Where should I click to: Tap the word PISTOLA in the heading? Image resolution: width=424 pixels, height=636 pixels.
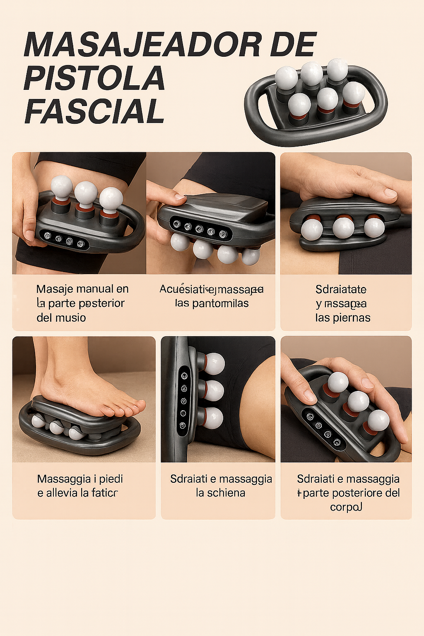pyautogui.click(x=94, y=78)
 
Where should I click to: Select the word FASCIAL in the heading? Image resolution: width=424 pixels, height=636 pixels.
pyautogui.click(x=94, y=111)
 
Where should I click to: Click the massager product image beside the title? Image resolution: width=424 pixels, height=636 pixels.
pyautogui.click(x=316, y=101)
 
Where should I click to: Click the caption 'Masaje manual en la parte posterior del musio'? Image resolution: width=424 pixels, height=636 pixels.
pyautogui.click(x=82, y=303)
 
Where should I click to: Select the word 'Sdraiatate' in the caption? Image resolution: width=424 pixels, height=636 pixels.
pyautogui.click(x=341, y=289)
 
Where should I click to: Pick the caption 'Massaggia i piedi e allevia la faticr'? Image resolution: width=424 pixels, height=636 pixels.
pyautogui.click(x=79, y=486)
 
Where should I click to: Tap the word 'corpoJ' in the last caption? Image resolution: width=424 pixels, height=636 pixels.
pyautogui.click(x=346, y=507)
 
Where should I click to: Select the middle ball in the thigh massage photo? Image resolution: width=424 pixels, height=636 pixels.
pyautogui.click(x=86, y=193)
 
